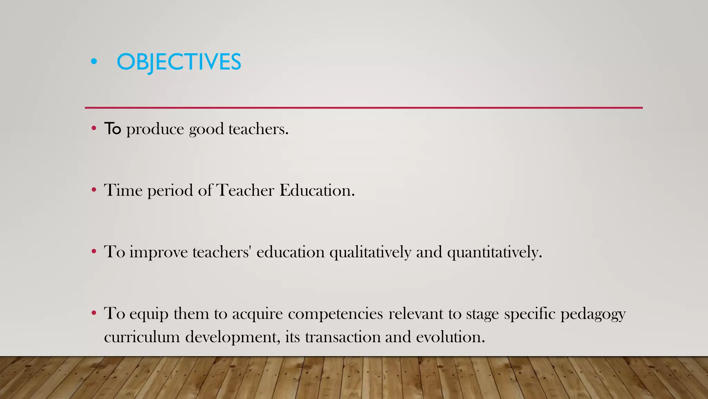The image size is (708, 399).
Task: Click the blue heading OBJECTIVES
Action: tap(179, 62)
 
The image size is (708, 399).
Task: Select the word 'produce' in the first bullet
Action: tap(155, 130)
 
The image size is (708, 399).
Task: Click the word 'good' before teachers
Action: tap(206, 130)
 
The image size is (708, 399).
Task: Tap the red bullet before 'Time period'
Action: tap(94, 190)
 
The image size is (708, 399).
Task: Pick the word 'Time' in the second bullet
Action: tap(123, 190)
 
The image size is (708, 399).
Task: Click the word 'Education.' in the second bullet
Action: tap(317, 190)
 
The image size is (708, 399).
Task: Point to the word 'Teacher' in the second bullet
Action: tap(245, 190)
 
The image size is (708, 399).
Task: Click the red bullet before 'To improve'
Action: tap(94, 251)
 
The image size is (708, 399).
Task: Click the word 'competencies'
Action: tap(335, 314)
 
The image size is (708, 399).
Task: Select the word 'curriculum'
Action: tap(142, 337)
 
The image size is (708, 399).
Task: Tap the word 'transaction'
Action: tap(343, 337)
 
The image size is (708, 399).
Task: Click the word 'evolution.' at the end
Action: tap(450, 337)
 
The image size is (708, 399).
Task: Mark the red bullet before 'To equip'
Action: tap(94, 313)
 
